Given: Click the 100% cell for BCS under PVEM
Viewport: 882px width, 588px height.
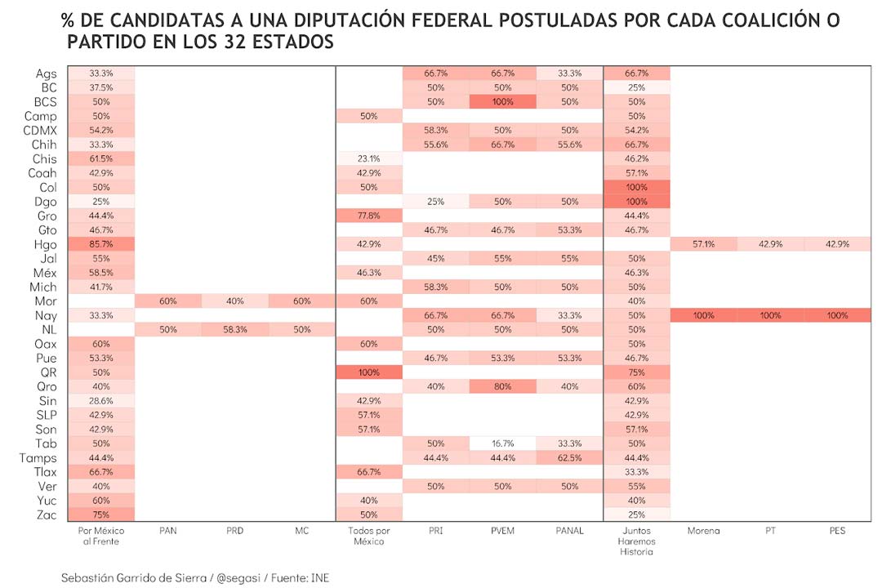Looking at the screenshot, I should [501, 101].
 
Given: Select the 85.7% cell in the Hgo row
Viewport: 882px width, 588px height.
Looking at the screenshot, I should [100, 244].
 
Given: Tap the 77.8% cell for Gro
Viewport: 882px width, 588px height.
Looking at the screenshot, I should [368, 216].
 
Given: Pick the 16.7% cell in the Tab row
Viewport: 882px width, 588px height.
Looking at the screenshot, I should [501, 443].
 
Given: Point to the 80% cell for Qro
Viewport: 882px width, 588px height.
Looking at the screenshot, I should [501, 386].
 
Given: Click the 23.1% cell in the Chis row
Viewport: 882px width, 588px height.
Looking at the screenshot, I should [368, 158].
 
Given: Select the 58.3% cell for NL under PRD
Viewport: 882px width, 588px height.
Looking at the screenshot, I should [234, 329].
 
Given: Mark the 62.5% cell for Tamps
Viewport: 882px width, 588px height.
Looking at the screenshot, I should [568, 457].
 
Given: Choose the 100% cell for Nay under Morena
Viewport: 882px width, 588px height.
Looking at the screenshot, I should [702, 315].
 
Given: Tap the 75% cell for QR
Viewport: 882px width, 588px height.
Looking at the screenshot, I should [635, 372].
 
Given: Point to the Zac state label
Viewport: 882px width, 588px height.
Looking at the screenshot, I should [46, 514].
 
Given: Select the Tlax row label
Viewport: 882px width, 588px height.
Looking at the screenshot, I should [44, 472].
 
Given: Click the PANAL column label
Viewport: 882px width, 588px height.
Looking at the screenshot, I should [568, 531].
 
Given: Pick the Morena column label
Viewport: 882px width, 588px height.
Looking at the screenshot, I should [702, 531].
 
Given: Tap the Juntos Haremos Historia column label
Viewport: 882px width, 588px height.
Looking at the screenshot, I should [635, 541].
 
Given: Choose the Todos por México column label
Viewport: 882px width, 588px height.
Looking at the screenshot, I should [368, 536].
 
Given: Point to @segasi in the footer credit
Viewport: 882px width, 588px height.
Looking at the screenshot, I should [238, 577].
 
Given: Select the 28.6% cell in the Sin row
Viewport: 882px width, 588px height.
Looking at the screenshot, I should [100, 401].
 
